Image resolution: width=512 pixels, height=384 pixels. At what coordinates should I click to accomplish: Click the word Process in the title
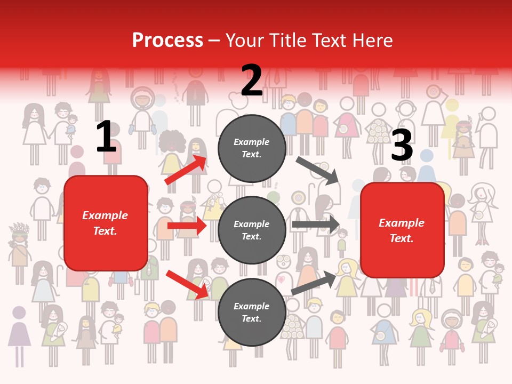click(167, 41)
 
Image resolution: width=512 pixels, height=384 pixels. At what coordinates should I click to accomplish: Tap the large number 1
click(106, 137)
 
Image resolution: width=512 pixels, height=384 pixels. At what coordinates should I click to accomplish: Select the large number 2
click(252, 81)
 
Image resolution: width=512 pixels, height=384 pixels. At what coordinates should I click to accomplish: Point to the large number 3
click(402, 146)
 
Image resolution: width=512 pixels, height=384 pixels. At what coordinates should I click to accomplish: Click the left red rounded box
click(106, 223)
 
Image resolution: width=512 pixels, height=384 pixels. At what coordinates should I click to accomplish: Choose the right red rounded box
click(402, 230)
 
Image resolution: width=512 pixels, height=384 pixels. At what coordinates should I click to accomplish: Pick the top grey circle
click(252, 148)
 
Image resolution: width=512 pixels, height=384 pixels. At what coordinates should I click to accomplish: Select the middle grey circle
click(252, 230)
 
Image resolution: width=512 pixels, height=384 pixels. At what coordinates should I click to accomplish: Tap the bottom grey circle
click(252, 313)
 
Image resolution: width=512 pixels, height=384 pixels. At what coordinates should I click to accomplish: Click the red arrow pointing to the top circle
click(186, 170)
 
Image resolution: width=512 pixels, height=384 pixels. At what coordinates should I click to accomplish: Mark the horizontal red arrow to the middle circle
click(187, 226)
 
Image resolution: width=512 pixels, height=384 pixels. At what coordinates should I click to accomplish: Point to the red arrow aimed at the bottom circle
click(187, 284)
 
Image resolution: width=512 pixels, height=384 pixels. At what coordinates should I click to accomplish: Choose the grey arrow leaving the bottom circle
click(314, 283)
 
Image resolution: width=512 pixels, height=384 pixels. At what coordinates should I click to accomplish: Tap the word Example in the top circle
click(252, 142)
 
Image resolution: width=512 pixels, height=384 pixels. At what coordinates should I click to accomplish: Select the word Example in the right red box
click(402, 223)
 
